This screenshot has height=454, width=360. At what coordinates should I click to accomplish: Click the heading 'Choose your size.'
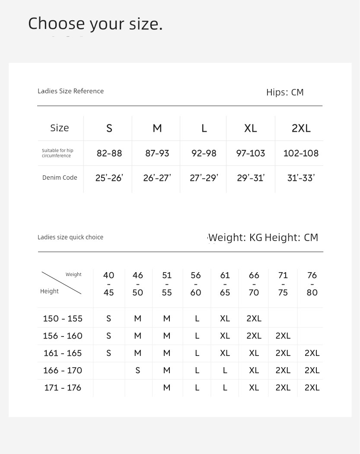click(95, 24)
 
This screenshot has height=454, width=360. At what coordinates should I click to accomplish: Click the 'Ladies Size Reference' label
click(70, 91)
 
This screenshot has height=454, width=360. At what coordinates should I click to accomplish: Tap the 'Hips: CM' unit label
click(285, 92)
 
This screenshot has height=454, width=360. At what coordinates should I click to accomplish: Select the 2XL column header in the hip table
click(301, 128)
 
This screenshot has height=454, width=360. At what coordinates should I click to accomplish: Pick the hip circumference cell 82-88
click(109, 153)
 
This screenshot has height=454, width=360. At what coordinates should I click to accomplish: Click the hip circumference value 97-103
click(251, 153)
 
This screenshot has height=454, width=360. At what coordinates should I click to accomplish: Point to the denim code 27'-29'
click(204, 178)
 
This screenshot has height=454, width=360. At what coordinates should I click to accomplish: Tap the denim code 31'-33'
click(301, 178)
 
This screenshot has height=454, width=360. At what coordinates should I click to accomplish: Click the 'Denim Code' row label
click(60, 178)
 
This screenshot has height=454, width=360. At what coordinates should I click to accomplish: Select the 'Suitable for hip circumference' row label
click(57, 153)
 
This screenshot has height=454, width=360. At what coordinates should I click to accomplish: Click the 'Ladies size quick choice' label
click(70, 237)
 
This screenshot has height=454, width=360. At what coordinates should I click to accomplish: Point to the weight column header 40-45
click(109, 284)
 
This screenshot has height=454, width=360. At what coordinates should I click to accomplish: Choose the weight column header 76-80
click(312, 284)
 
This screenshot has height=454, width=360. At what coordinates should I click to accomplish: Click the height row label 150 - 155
click(63, 319)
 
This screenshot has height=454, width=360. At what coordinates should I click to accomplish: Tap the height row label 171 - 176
click(63, 388)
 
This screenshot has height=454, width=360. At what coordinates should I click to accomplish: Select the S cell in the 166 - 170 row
click(138, 371)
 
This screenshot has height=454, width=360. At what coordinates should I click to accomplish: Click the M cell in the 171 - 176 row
click(167, 388)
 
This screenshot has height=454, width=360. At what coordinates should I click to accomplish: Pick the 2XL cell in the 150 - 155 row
click(254, 319)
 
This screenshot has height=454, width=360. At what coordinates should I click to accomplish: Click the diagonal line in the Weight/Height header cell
click(61, 283)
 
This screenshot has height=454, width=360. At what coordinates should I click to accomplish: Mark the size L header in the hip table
click(204, 128)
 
